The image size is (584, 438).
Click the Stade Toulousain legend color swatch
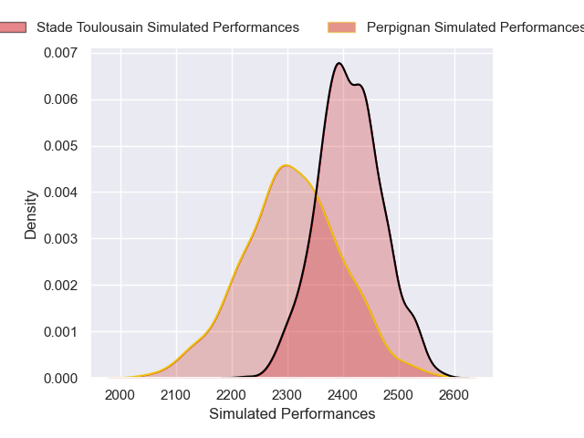[14, 27]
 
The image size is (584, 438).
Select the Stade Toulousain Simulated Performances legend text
[168, 27]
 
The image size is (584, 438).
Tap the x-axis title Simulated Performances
[292, 414]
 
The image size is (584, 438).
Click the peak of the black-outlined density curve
[339, 63]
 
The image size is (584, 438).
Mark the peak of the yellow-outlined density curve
[286, 165]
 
